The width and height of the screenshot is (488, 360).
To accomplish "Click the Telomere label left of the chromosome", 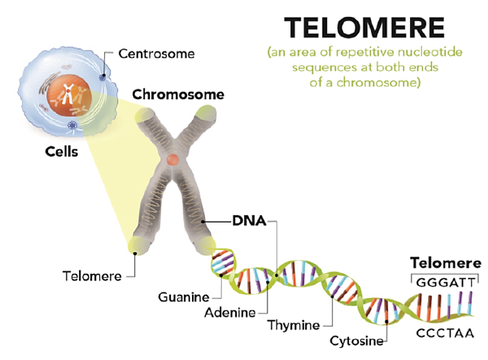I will point(89,275).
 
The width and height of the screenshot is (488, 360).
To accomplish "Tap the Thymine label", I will point(293,325).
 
